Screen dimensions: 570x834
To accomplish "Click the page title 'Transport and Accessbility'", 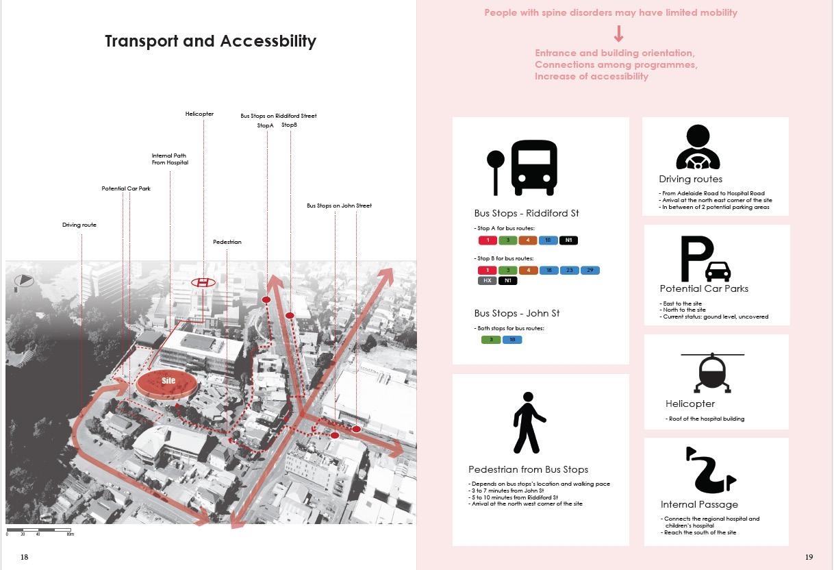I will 210,41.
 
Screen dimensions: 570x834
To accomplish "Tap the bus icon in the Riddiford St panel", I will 534,168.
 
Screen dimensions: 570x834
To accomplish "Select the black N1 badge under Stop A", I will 569,240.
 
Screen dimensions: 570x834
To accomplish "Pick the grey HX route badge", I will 487,280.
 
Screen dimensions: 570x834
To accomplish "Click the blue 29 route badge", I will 590,271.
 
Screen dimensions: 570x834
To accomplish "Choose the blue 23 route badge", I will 570,271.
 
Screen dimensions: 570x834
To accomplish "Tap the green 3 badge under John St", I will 491,340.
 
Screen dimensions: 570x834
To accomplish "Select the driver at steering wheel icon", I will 698,148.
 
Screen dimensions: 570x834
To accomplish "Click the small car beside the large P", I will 718,271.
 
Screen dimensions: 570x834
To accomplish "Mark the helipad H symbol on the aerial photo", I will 203,282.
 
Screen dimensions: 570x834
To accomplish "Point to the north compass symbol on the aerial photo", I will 23,281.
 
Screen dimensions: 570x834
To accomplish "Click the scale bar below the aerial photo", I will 40,530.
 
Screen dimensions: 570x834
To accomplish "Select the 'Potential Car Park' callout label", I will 126,188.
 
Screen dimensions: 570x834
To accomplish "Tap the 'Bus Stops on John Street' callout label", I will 339,206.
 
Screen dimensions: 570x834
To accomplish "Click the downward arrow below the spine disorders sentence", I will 618,34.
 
